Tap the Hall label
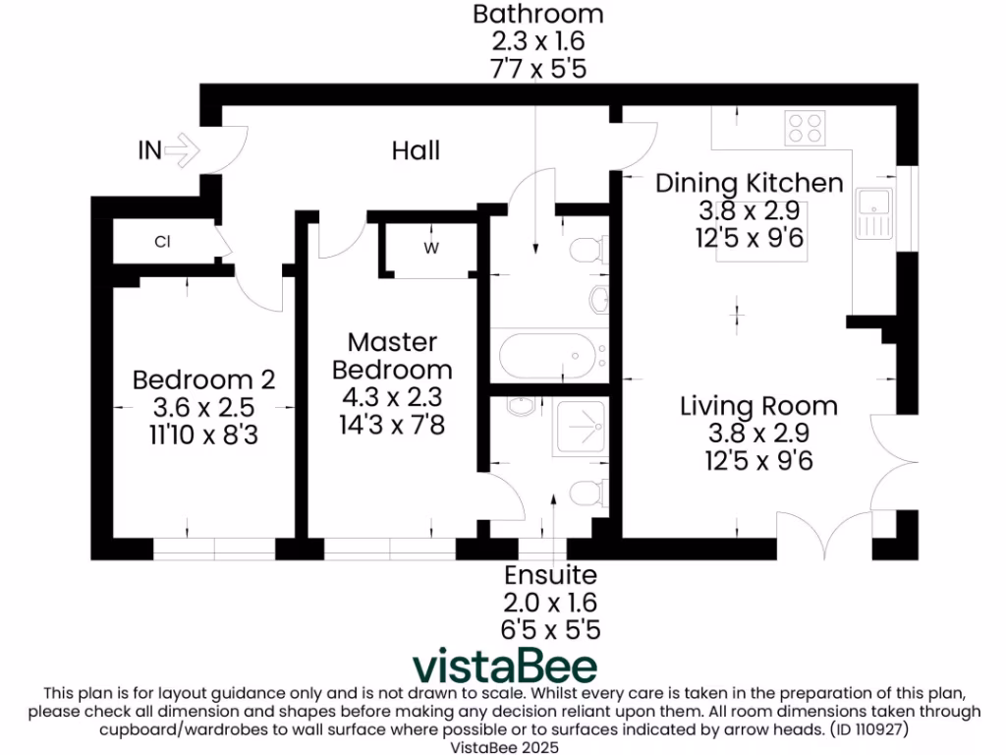[x=416, y=150]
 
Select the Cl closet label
[x=162, y=241]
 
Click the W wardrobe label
[x=430, y=249]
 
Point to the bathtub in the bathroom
[x=546, y=356]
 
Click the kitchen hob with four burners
[x=805, y=128]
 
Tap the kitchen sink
[x=872, y=213]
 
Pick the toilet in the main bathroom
[x=587, y=251]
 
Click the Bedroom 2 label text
[x=203, y=379]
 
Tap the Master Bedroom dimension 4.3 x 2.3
[x=392, y=398]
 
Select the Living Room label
[x=758, y=406]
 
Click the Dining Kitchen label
[x=749, y=183]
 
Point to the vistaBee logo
[x=504, y=666]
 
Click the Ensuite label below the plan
[x=550, y=575]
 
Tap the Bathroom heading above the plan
[x=537, y=15]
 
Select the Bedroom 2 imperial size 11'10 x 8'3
[x=203, y=434]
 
